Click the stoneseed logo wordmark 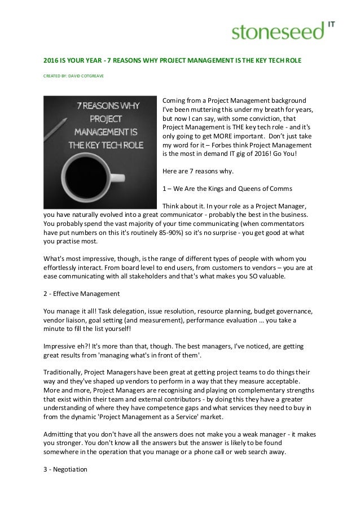click(x=278, y=32)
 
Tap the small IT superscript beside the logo click(x=333, y=24)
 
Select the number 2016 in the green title click(x=52, y=58)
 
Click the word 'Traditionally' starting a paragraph click(x=63, y=372)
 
